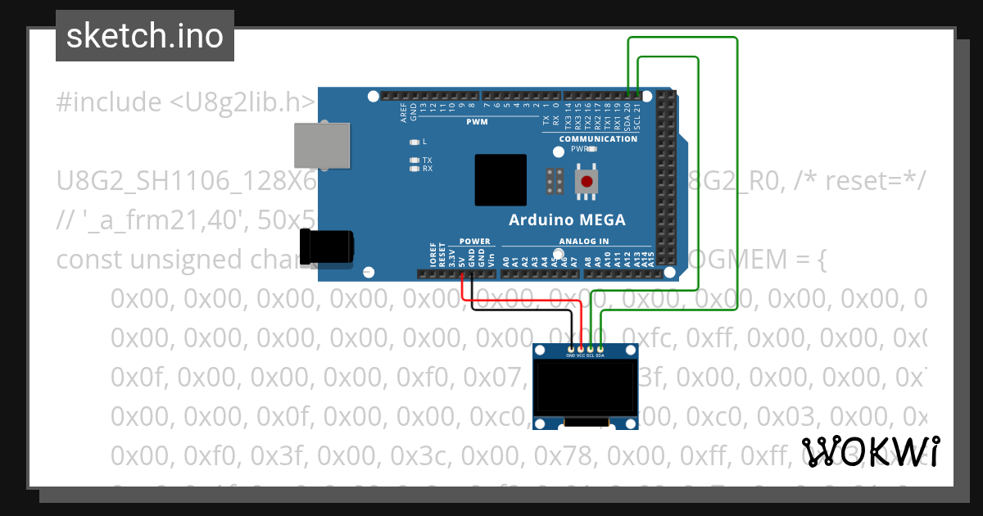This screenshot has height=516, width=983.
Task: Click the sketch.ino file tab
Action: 145,36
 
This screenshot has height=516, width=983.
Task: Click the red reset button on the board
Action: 587,181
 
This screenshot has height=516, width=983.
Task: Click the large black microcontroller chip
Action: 500,180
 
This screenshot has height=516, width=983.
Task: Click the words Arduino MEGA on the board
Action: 567,220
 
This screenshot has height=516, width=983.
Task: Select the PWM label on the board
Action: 477,122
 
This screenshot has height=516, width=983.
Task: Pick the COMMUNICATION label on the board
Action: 598,139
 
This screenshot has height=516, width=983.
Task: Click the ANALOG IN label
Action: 584,242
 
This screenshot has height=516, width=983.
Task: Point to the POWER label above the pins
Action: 474,242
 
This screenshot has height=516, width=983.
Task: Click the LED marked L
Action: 414,142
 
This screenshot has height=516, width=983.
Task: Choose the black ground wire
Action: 524,310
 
